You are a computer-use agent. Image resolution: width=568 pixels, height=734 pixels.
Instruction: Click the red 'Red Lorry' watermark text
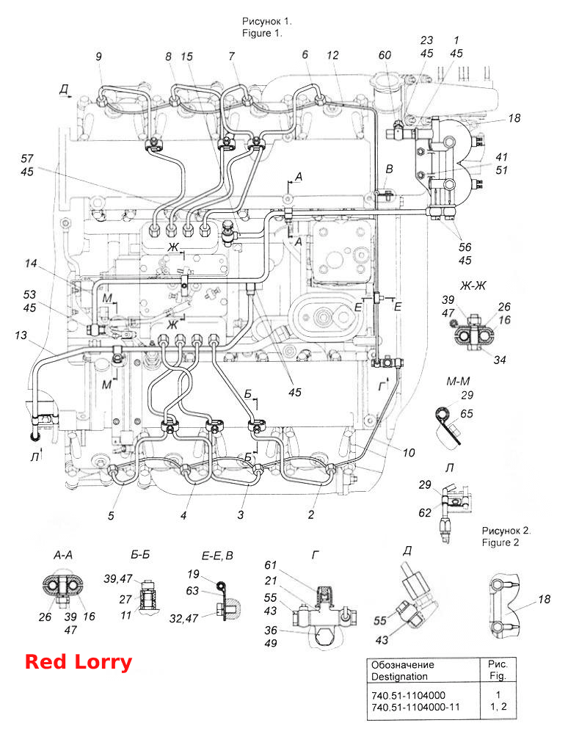[x=78, y=662]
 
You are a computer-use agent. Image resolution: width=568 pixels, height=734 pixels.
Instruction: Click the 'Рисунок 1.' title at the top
[x=266, y=21]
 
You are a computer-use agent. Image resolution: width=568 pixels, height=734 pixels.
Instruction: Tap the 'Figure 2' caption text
[x=500, y=542]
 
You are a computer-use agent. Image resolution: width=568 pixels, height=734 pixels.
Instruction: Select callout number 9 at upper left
[x=99, y=57]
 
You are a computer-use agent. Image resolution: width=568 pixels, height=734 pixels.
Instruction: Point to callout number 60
[x=385, y=55]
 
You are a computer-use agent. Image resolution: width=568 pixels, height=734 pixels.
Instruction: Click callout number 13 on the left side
[x=21, y=335]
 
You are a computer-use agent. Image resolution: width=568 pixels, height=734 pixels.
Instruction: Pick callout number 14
[x=31, y=264]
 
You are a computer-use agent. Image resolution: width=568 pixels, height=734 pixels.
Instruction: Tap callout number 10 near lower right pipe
[x=409, y=453]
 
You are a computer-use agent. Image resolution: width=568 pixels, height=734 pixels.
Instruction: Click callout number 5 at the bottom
[x=111, y=516]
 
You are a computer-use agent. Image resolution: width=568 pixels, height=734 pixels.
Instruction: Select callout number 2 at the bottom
[x=311, y=515]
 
